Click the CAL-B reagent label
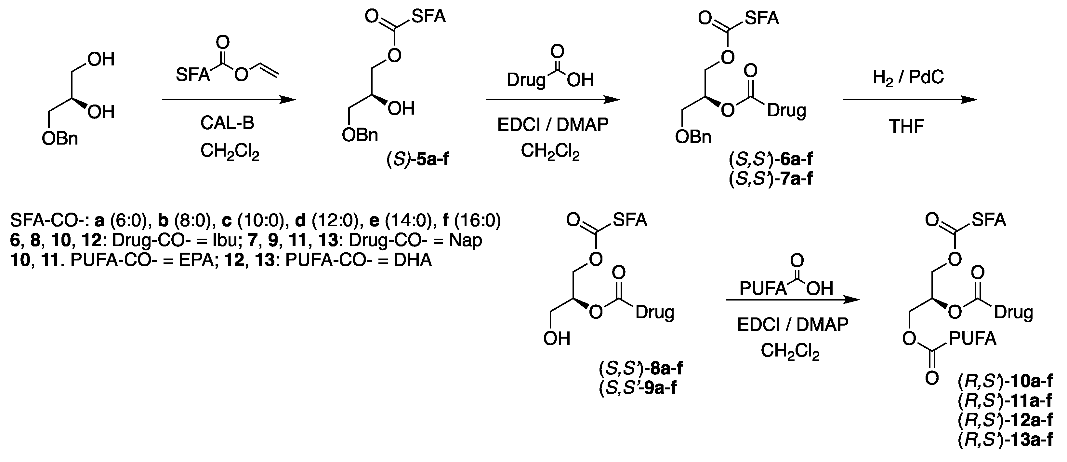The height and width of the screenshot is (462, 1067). tap(227, 123)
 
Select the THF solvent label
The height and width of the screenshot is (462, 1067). tap(906, 126)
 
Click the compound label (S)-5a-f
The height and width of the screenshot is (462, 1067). tap(417, 160)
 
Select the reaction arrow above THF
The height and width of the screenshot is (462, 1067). tap(910, 100)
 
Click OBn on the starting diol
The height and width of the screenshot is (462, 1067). tap(60, 139)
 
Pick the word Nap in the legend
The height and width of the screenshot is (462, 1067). tap(465, 241)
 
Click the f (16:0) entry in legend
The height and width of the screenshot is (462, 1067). tap(472, 221)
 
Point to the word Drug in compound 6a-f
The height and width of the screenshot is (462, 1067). tap(786, 111)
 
